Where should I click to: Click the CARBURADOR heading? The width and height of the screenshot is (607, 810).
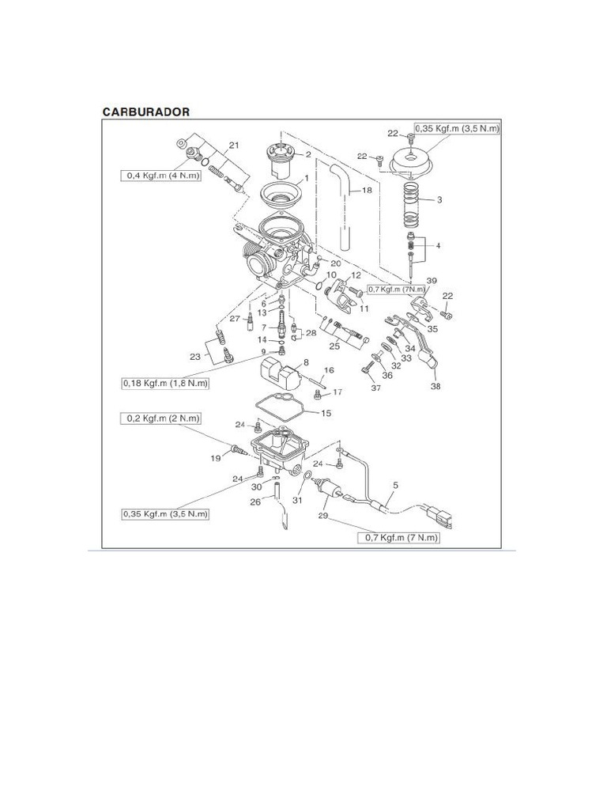click(146, 112)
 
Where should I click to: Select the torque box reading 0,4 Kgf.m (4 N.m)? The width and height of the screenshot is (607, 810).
click(160, 175)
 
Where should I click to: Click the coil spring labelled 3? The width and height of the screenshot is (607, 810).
click(411, 202)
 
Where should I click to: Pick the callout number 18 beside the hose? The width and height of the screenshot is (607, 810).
click(366, 191)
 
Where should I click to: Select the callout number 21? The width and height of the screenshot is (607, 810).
click(233, 145)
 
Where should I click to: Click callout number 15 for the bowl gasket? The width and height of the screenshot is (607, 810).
click(326, 413)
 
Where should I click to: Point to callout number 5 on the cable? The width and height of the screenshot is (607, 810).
click(395, 485)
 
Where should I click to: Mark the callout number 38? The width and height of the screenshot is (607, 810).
click(435, 387)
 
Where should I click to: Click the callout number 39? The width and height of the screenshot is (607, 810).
click(432, 281)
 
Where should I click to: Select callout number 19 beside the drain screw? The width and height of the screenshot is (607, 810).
click(214, 459)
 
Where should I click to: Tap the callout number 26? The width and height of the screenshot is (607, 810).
click(254, 502)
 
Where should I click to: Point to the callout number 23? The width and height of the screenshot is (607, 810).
click(194, 357)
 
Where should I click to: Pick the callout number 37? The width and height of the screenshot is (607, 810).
click(375, 388)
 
